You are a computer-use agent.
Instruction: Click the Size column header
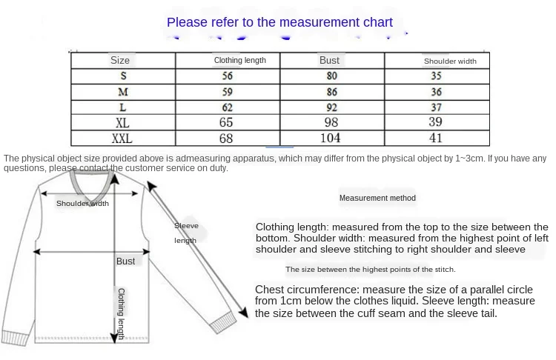[x=120, y=60]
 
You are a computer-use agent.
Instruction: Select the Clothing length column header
[x=240, y=60]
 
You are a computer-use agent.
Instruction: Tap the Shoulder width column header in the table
[x=450, y=61]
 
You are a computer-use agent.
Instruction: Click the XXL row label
[x=122, y=139]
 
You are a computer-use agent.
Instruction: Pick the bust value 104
[x=330, y=138]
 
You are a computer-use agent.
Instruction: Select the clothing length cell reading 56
[x=228, y=76]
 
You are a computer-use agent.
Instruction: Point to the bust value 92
[x=332, y=107]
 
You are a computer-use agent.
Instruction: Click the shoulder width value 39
[x=435, y=122]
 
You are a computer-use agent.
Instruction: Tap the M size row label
[x=123, y=92]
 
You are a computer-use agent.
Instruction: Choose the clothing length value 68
[x=226, y=139]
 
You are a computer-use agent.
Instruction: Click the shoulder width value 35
[x=436, y=76]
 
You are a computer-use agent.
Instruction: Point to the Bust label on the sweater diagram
[x=125, y=261]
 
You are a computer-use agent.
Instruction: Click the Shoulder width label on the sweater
[x=82, y=204]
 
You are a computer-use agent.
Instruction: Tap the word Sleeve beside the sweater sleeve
[x=186, y=226]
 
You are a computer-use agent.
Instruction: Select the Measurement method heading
[x=377, y=198]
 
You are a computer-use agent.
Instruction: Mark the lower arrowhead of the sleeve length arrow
[x=243, y=312]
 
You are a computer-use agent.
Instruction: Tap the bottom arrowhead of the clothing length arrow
[x=114, y=337]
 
